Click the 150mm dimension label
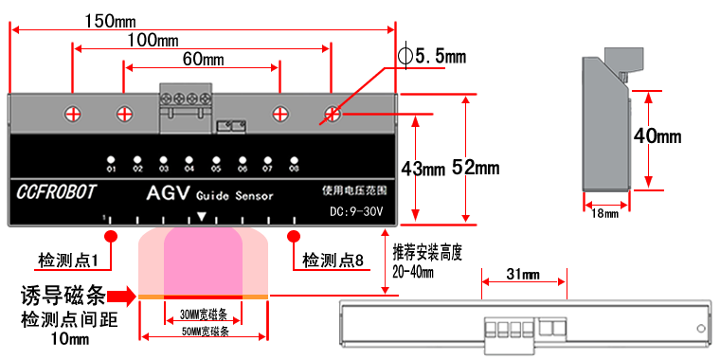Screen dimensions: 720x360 click(x=109, y=19)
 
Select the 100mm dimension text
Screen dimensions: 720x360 click(x=153, y=41)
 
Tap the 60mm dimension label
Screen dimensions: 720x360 click(x=203, y=60)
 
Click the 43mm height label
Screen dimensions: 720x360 click(x=423, y=170)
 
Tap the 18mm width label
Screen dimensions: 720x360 click(x=604, y=214)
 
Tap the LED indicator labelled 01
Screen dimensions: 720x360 click(x=111, y=160)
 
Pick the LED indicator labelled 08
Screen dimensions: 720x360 click(x=294, y=160)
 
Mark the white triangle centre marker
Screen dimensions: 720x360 click(x=202, y=218)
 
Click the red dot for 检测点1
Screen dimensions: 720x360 click(x=111, y=235)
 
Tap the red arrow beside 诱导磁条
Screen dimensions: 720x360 click(x=120, y=296)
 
